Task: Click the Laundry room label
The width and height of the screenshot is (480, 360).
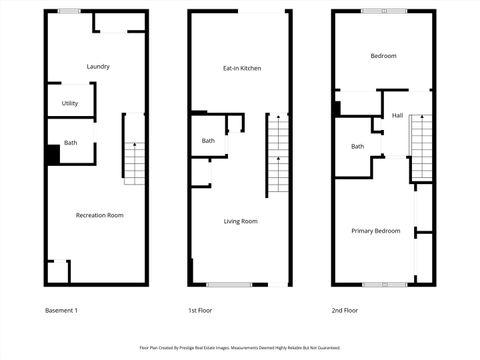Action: click(x=98, y=67)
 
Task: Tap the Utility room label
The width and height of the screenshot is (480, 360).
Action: click(x=70, y=103)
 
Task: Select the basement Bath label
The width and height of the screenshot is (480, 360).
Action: click(x=70, y=143)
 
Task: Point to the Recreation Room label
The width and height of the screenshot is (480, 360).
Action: click(x=100, y=215)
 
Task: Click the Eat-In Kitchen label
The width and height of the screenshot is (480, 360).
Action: click(x=242, y=68)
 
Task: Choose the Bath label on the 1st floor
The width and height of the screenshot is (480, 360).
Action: click(x=208, y=141)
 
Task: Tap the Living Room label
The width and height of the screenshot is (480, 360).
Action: click(x=240, y=221)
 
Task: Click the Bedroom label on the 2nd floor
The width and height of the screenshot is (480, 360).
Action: click(x=383, y=56)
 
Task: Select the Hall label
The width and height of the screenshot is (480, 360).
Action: click(x=397, y=116)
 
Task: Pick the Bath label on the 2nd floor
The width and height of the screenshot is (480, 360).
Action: click(x=357, y=147)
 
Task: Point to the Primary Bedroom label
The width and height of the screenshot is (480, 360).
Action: click(x=376, y=231)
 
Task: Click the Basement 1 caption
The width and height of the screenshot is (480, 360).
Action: click(x=62, y=310)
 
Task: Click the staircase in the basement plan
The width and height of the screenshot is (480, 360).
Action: click(x=135, y=145)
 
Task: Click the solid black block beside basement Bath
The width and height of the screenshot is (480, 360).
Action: click(x=53, y=155)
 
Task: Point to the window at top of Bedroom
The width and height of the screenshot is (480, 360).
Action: click(x=384, y=11)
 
